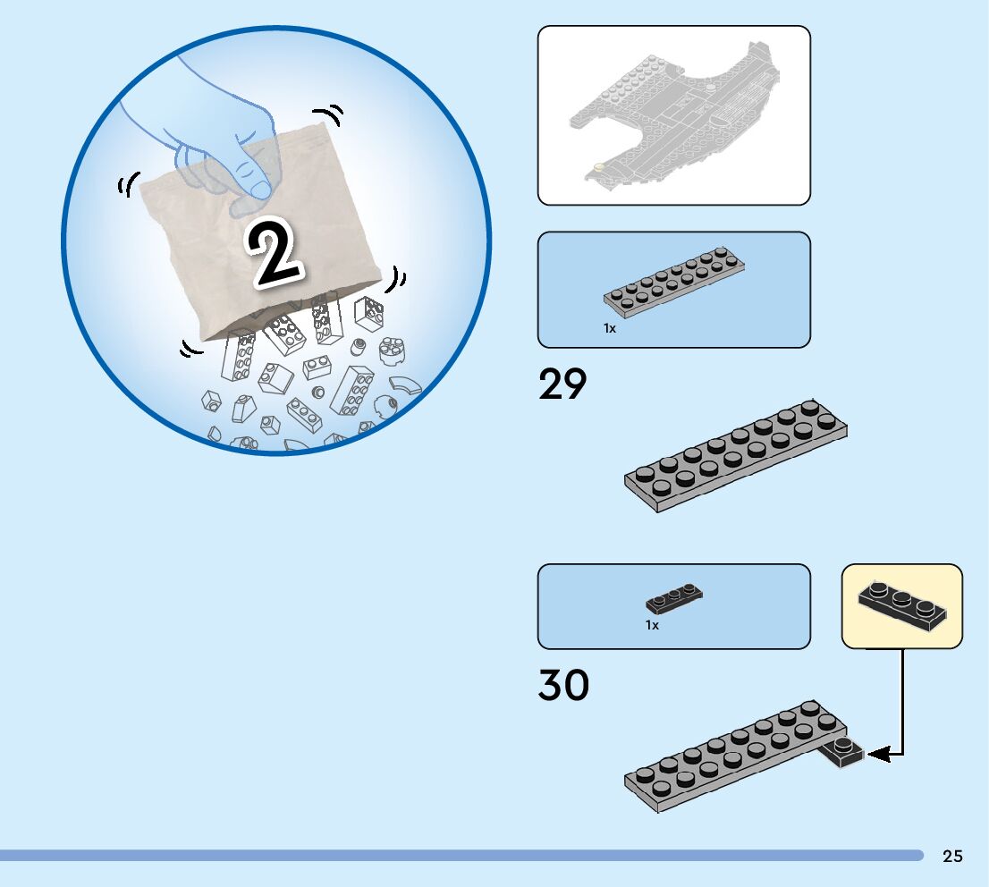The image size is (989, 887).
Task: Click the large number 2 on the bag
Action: click(273, 253)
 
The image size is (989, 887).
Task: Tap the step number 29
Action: click(562, 384)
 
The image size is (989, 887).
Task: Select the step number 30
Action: click(563, 686)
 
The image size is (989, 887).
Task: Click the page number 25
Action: click(952, 857)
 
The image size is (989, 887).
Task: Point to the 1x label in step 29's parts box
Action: click(610, 328)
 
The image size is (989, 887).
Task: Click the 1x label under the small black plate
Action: click(653, 626)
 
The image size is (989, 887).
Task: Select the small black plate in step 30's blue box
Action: click(674, 597)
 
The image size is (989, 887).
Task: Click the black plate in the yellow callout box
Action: click(901, 605)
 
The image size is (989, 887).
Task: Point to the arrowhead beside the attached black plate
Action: click(877, 755)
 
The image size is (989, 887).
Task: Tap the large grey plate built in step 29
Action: click(735, 455)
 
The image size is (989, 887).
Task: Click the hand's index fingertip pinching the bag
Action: click(261, 189)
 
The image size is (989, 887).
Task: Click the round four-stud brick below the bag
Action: click(391, 351)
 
